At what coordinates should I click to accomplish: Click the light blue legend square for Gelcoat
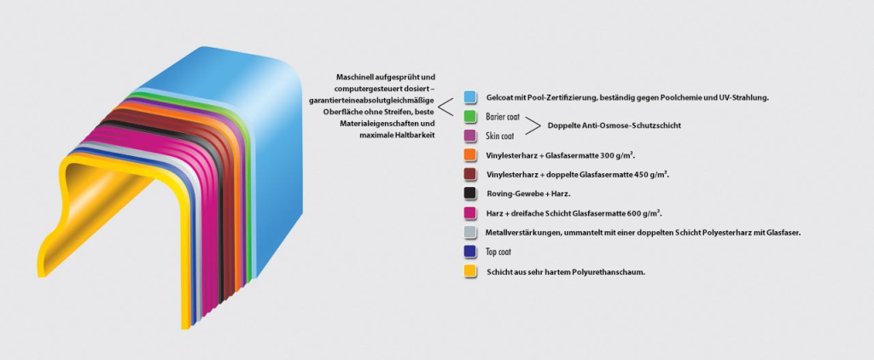pyautogui.click(x=469, y=97)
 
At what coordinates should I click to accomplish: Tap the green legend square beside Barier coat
pyautogui.click(x=469, y=116)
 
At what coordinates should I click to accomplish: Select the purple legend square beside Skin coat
pyautogui.click(x=469, y=135)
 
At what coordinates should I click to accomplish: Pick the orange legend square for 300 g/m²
pyautogui.click(x=469, y=154)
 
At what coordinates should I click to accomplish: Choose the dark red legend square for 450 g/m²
pyautogui.click(x=469, y=174)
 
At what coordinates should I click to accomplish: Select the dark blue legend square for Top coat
pyautogui.click(x=469, y=252)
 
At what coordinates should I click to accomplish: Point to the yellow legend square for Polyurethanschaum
pyautogui.click(x=469, y=271)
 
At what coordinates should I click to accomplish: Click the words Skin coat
pyautogui.click(x=499, y=136)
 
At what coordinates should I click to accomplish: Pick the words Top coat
pyautogui.click(x=498, y=253)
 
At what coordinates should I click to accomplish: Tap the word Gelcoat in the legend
pyautogui.click(x=499, y=97)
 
